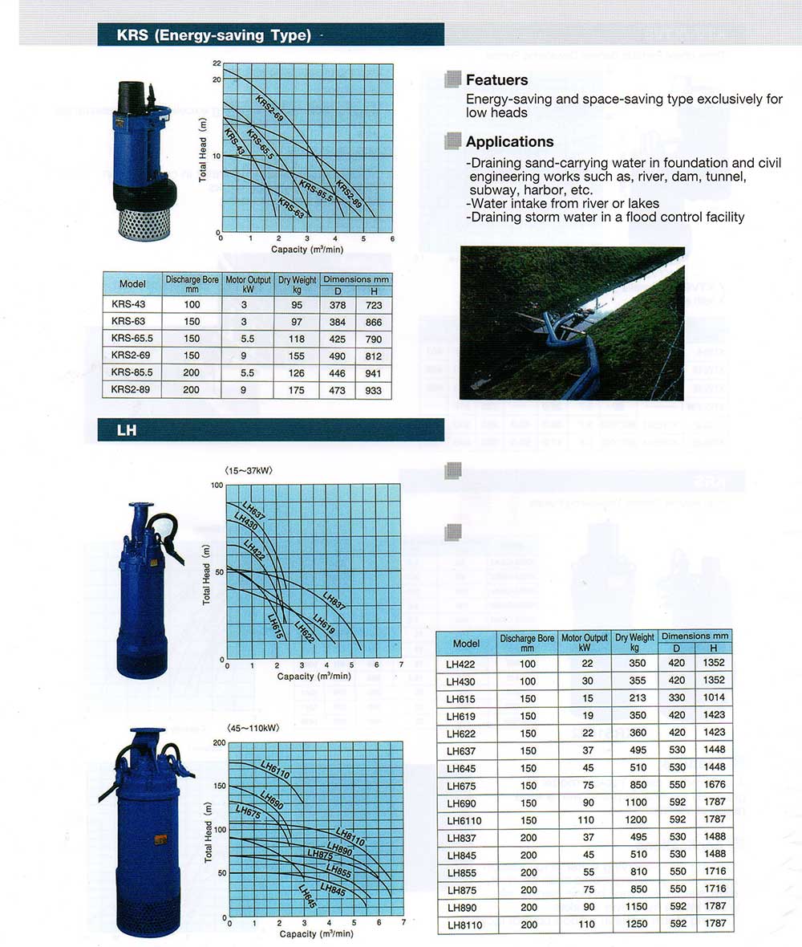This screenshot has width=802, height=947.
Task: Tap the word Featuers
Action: pos(496,80)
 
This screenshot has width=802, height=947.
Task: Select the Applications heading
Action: pos(509,142)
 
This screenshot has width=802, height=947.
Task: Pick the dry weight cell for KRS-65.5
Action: pos(297,339)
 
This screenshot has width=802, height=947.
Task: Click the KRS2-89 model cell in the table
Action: pos(132,390)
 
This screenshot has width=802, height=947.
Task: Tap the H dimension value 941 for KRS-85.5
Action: pos(373,372)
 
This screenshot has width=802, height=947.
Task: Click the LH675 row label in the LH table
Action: pos(466,784)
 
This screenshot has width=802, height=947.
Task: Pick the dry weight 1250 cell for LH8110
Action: pos(635,924)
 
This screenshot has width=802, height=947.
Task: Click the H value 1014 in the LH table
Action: pos(714,698)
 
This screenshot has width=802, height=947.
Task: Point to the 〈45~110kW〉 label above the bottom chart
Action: pos(252,729)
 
